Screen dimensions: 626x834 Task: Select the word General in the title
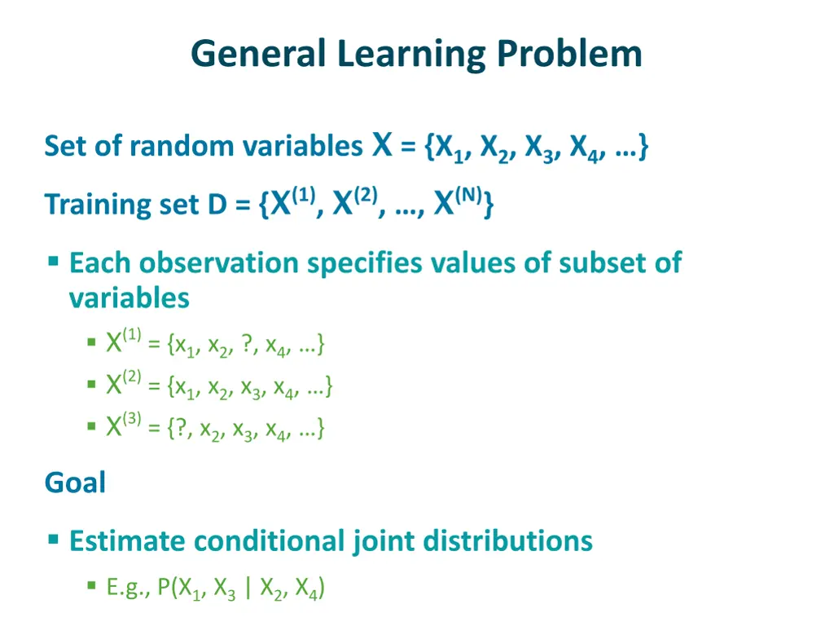click(259, 55)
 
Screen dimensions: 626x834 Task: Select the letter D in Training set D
click(216, 204)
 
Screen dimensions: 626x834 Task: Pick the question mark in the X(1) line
click(247, 345)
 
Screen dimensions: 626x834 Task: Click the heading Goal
click(75, 483)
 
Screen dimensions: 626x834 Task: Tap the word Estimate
click(125, 540)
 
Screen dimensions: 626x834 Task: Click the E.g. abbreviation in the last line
click(126, 588)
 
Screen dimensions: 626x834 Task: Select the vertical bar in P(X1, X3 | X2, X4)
click(248, 588)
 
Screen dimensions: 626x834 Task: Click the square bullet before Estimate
click(53, 539)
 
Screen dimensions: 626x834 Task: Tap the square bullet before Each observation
click(53, 262)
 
